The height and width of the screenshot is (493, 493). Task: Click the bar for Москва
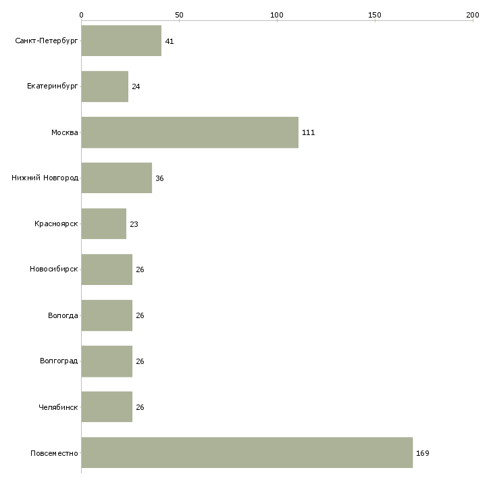[x=190, y=132]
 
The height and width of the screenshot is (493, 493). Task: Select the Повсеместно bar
[x=247, y=452]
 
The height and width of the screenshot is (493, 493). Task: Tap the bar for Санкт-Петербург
[x=122, y=41]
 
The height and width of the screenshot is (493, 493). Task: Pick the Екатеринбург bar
[x=105, y=86]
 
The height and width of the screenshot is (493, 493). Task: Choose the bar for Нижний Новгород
[x=117, y=178]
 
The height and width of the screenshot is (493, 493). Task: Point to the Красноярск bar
[x=104, y=224]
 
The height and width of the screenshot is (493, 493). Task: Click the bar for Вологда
[x=107, y=315]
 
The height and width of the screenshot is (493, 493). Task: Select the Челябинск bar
[x=107, y=407]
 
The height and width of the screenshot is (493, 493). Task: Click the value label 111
[x=308, y=132]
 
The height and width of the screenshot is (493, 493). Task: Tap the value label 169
[x=423, y=453]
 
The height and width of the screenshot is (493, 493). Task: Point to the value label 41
[x=170, y=41]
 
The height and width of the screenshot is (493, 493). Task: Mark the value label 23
[x=134, y=224]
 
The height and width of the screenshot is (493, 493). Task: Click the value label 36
[x=159, y=178]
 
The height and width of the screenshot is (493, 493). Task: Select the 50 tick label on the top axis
[x=179, y=15]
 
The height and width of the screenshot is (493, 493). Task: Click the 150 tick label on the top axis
[x=374, y=15]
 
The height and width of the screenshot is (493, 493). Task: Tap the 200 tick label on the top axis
[x=473, y=15]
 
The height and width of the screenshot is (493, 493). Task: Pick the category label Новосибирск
[x=54, y=269]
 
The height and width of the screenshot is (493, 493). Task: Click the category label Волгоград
[x=59, y=361]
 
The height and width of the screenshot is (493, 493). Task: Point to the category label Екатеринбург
[x=52, y=86]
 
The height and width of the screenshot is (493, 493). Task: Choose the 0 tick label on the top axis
[x=82, y=15]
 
